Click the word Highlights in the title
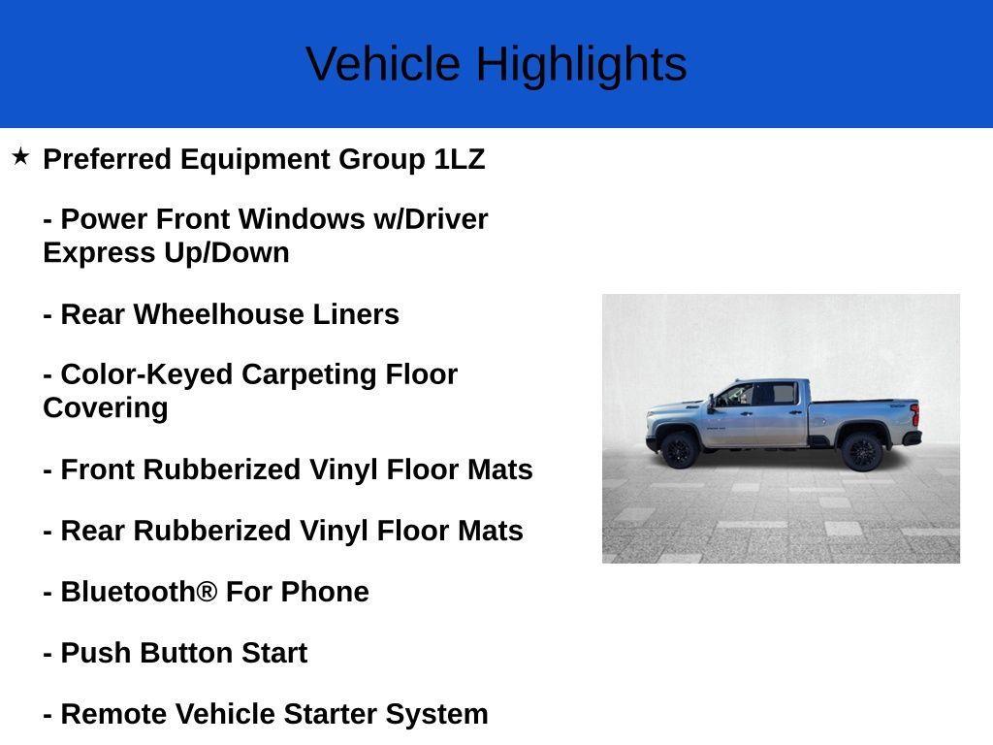(581, 65)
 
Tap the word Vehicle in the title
(383, 65)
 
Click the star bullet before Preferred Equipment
(20, 156)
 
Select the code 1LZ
(460, 159)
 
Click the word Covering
(105, 407)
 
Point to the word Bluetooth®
(139, 592)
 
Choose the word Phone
(325, 592)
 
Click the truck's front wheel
(678, 450)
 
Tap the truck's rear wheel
(861, 451)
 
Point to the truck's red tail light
(913, 414)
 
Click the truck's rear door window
(778, 393)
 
